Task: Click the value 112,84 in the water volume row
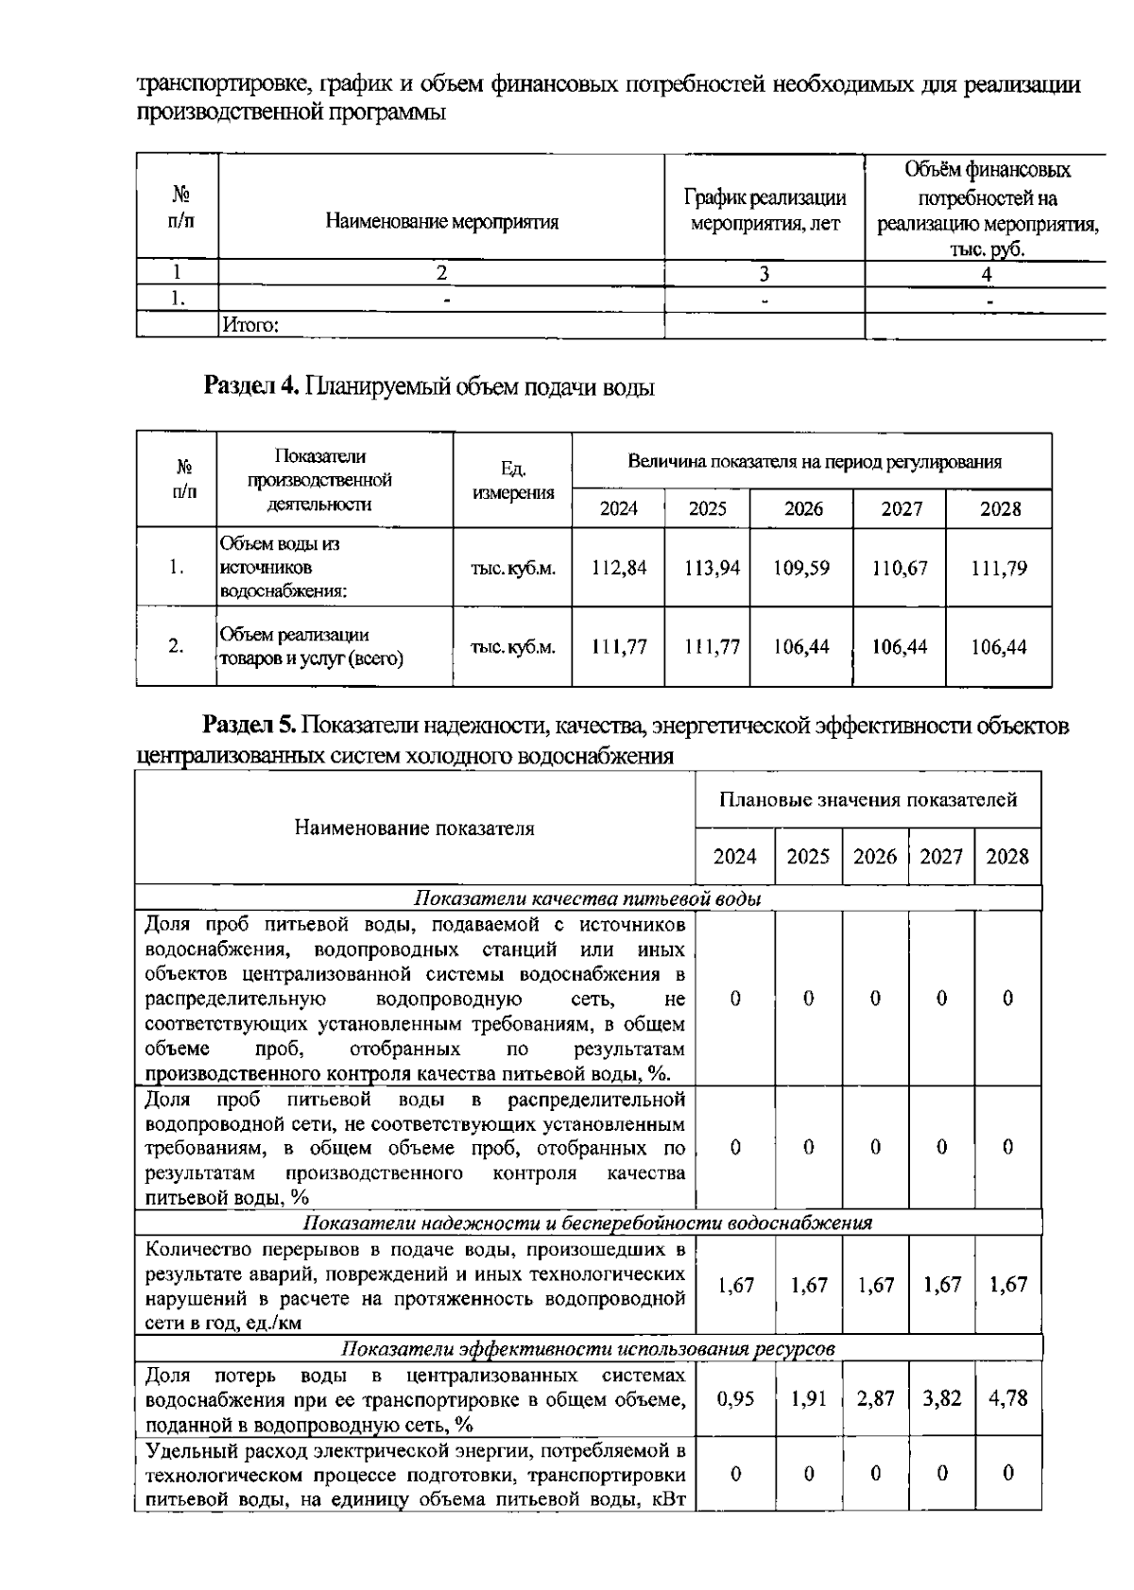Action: pyautogui.click(x=619, y=568)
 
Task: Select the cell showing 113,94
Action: pyautogui.click(x=707, y=568)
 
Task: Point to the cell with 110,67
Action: pyautogui.click(x=901, y=568)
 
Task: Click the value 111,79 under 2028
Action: pyautogui.click(x=999, y=568)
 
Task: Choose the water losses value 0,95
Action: pyautogui.click(x=735, y=1398)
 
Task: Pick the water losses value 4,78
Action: pyautogui.click(x=1007, y=1398)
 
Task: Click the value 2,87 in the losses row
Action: pyautogui.click(x=875, y=1398)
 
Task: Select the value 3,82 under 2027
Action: pyautogui.click(x=941, y=1398)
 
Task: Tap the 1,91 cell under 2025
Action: pyautogui.click(x=808, y=1398)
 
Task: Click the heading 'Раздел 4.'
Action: pyautogui.click(x=251, y=386)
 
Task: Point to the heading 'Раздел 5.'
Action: pyautogui.click(x=251, y=726)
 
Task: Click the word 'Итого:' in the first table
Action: pyautogui.click(x=249, y=326)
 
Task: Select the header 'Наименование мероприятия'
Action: pyautogui.click(x=441, y=222)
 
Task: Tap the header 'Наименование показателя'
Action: pyautogui.click(x=415, y=829)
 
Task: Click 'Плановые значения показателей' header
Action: pyautogui.click(x=868, y=800)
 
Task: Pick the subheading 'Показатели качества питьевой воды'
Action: pyautogui.click(x=588, y=898)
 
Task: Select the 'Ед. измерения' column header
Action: pyautogui.click(x=512, y=481)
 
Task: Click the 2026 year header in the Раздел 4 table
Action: pyautogui.click(x=802, y=509)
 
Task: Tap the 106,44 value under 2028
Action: pyautogui.click(x=999, y=647)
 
